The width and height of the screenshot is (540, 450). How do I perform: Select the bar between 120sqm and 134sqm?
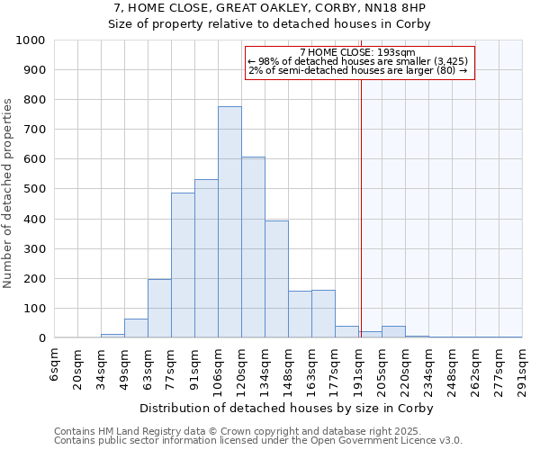[x=253, y=247]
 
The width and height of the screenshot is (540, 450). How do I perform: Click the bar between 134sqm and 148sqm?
[x=276, y=280]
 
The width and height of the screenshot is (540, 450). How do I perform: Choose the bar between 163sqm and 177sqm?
[x=323, y=314]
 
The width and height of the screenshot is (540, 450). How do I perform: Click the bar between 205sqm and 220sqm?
[x=393, y=332]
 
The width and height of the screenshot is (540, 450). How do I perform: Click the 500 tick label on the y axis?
[x=34, y=190]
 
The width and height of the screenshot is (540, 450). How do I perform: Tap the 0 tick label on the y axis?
[x=42, y=338]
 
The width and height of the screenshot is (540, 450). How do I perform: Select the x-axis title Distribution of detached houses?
[x=289, y=409]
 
